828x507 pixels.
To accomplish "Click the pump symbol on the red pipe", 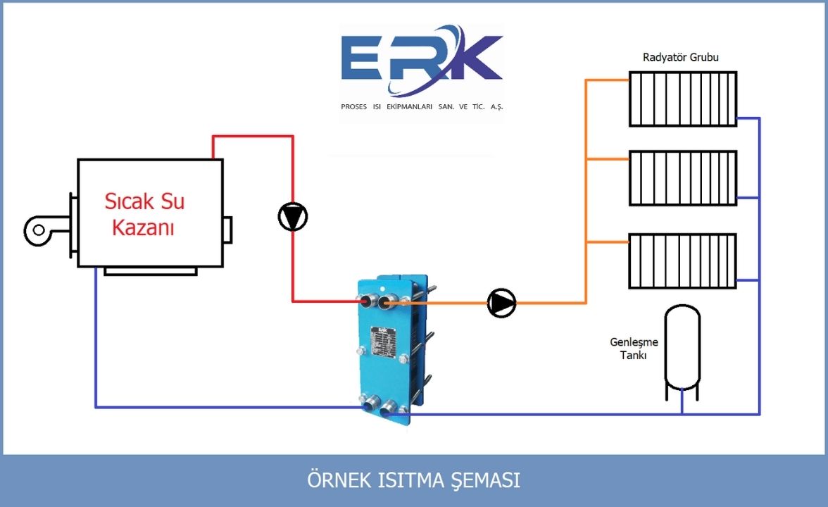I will coord(293,217).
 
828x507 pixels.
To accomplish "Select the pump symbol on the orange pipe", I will coord(501,303).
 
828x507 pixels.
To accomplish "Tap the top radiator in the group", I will coord(682,99).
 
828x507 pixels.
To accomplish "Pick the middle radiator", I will coord(682,177).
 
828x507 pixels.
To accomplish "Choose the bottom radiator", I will coord(682,261).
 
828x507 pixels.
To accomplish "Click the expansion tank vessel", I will coord(683,349).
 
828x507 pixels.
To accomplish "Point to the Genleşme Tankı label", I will coord(634,349).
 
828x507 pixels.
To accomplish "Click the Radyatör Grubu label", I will coord(681,57).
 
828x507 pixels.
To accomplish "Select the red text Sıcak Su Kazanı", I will coord(144,214).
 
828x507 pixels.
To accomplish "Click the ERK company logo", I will coord(421,62).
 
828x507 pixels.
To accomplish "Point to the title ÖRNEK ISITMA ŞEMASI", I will coord(414,480).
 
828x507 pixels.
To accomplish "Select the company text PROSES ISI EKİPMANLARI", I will coord(422,107).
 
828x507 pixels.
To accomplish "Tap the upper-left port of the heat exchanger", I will coord(367,302).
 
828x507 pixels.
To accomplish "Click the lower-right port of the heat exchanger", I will coord(388,408).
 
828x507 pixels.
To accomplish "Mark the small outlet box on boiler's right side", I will coord(227,229).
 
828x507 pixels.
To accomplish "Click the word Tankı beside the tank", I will coord(634,356).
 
